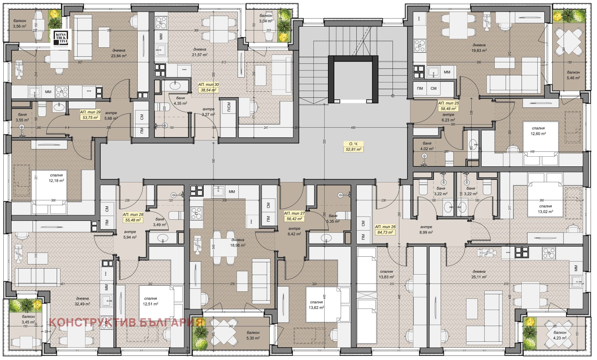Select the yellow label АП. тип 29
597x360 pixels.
90,115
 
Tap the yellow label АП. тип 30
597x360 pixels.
209,87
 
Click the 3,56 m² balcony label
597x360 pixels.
20,24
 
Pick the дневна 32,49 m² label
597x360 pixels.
82,301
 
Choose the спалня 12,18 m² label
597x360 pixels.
56,178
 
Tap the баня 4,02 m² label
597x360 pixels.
427,146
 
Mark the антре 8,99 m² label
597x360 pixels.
426,229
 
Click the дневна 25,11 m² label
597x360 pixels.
479,274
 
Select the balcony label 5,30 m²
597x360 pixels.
253,335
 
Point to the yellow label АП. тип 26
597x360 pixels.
385,229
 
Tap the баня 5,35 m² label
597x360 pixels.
333,219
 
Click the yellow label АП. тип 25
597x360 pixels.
448,106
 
